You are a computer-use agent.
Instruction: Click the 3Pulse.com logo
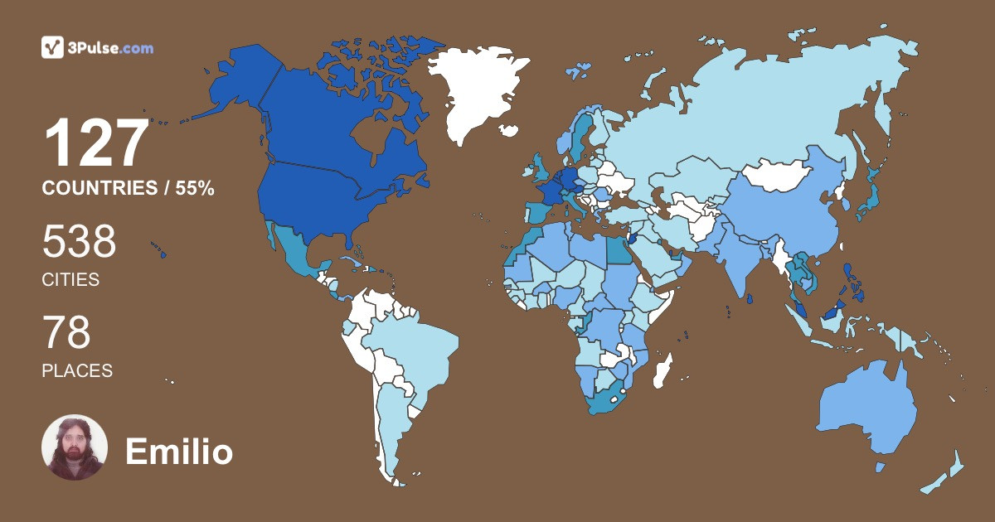tap(97, 47)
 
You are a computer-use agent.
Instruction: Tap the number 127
tap(96, 145)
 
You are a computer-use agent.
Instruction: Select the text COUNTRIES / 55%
tap(128, 189)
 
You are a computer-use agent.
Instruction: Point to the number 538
tap(79, 242)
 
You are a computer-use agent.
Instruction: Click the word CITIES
tap(70, 280)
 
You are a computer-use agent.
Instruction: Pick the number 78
tap(66, 333)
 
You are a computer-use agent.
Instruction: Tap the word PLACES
tap(77, 371)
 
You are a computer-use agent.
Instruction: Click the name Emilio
tap(178, 452)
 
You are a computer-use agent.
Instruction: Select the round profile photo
tap(75, 447)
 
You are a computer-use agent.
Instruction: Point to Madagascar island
tap(662, 370)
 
